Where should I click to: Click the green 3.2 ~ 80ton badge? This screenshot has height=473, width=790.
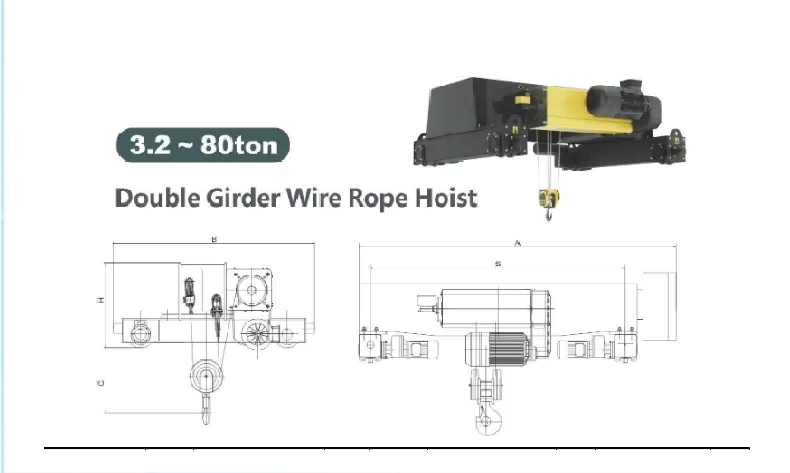click(x=203, y=145)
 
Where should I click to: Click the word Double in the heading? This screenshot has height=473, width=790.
click(x=157, y=198)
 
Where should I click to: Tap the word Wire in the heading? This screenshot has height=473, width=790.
click(x=314, y=198)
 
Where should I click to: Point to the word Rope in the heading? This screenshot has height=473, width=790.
click(x=378, y=199)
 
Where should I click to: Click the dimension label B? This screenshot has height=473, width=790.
click(x=214, y=239)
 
